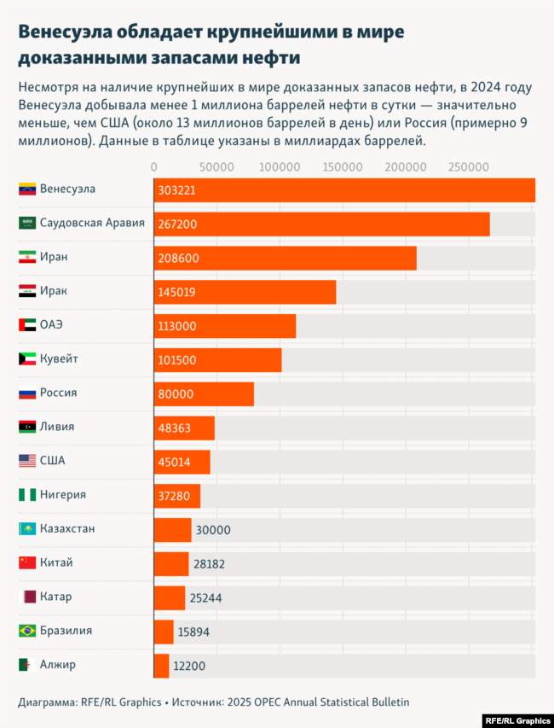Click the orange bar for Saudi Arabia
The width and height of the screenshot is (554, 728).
(322, 224)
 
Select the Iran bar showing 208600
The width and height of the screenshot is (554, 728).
(286, 258)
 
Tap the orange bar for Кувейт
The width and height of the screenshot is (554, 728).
(218, 360)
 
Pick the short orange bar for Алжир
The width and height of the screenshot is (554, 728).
(162, 666)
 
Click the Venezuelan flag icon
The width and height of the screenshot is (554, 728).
(26, 189)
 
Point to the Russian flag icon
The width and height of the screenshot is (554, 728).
(26, 393)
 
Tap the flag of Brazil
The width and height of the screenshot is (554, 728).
(26, 631)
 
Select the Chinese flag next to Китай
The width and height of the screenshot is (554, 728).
(26, 563)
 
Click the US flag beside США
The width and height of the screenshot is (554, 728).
(26, 461)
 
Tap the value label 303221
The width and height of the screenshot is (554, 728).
(176, 190)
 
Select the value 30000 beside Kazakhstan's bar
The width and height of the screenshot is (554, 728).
(213, 530)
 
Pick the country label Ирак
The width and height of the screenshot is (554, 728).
(53, 291)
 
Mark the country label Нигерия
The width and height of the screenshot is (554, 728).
(63, 495)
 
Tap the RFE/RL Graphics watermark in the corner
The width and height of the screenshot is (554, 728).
(516, 719)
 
